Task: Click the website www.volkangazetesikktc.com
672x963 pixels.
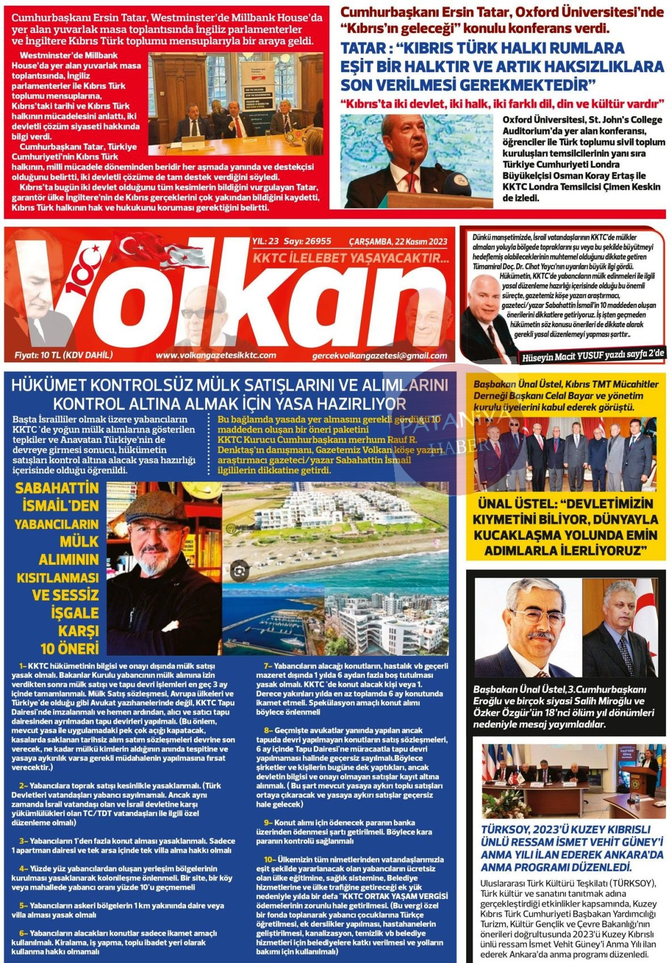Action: click(215, 355)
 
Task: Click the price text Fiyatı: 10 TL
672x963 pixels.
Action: click(64, 355)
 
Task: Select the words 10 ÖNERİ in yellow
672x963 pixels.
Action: click(69, 648)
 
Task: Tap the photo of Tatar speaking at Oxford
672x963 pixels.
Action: click(418, 161)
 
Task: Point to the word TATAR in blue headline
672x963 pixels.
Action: click(369, 49)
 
